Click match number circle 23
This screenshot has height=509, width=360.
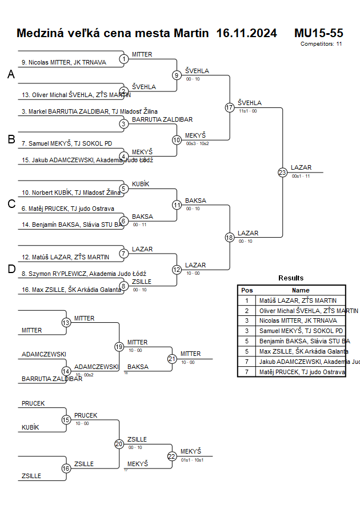(x=282, y=173)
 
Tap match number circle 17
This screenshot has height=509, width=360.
(x=230, y=107)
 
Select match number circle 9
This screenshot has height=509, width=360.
(x=177, y=75)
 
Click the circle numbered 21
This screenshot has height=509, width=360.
(x=172, y=359)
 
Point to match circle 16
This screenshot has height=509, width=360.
(x=66, y=468)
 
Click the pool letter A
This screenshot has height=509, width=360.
(x=11, y=75)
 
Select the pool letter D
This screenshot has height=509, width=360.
(x=11, y=270)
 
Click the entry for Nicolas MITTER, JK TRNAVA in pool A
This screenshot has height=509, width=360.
(x=63, y=62)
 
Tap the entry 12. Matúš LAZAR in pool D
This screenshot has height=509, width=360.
(x=65, y=257)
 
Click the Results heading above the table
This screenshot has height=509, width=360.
(x=291, y=278)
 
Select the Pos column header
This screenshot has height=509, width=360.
(x=247, y=290)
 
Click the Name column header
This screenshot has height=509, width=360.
(x=301, y=290)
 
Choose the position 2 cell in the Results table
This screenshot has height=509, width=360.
(x=247, y=310)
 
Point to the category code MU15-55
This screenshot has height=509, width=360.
(x=318, y=33)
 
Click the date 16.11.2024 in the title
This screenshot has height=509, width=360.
(x=246, y=33)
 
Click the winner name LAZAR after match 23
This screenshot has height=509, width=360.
(x=301, y=167)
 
